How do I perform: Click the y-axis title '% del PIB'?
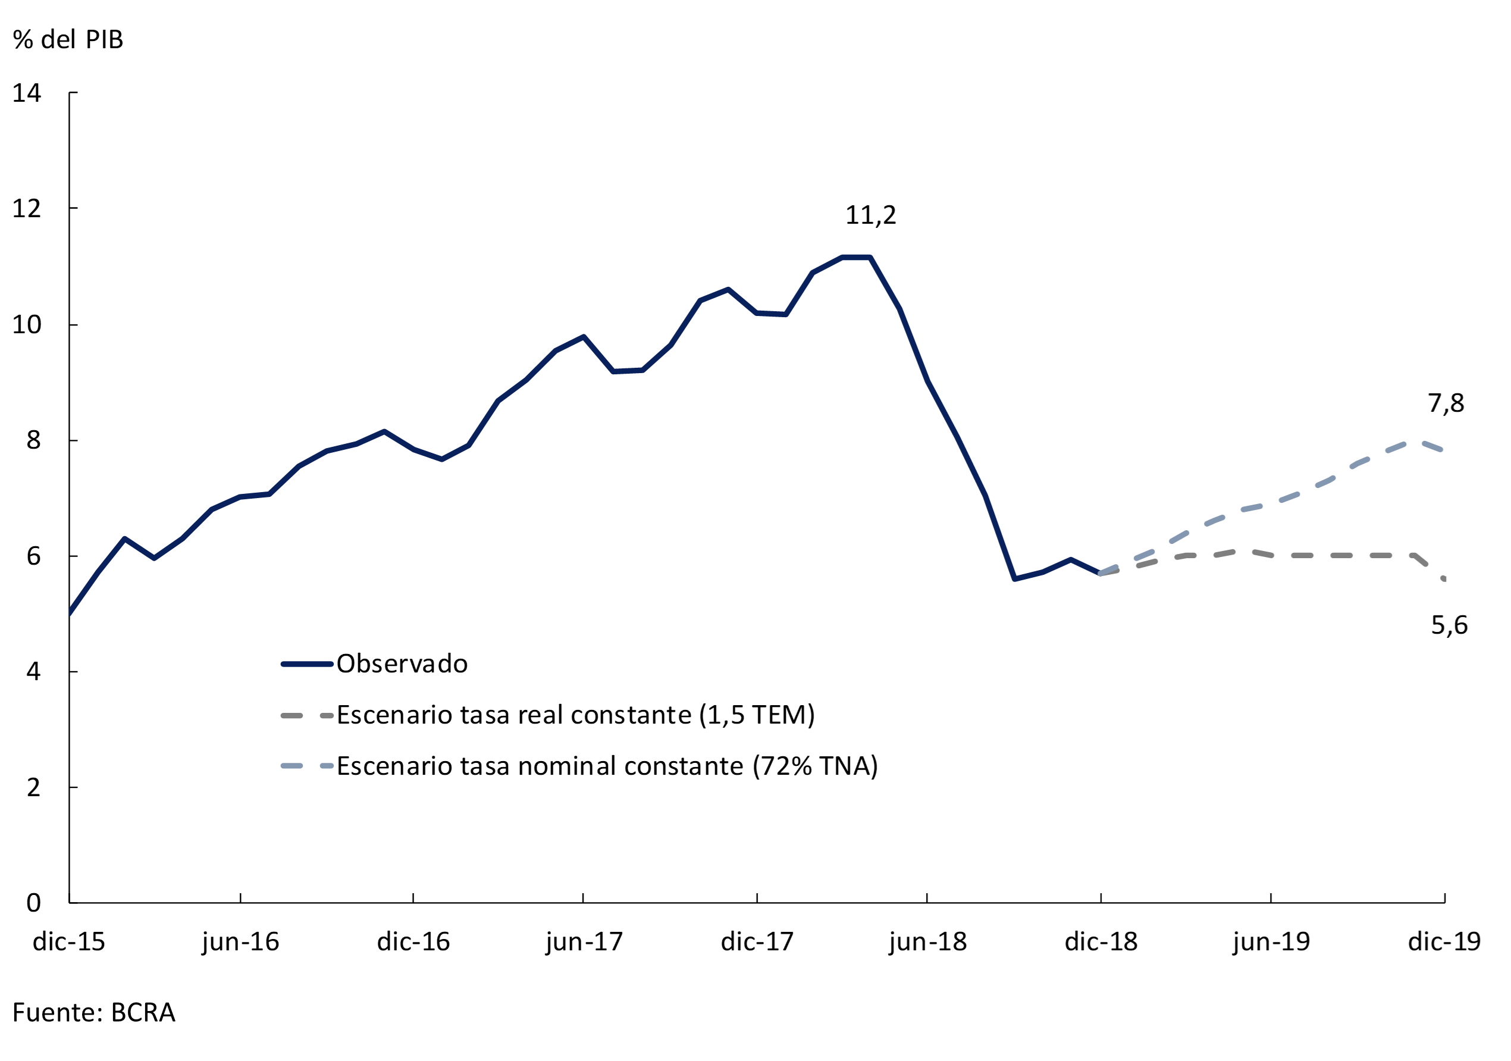(68, 39)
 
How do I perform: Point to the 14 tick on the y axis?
(27, 93)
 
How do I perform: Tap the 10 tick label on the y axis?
(27, 324)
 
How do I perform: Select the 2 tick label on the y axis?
(33, 787)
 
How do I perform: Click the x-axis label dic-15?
(68, 942)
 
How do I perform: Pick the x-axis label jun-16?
(241, 942)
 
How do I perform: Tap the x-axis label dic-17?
(757, 942)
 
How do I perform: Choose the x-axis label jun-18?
(928, 942)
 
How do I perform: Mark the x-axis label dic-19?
(1444, 942)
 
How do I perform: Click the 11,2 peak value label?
(871, 215)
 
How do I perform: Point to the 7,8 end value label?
(1446, 403)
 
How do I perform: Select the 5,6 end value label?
(1449, 625)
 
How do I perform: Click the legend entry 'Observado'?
(402, 664)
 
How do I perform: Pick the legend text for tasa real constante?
(576, 715)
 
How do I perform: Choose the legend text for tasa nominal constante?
(607, 766)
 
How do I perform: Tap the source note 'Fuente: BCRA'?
(94, 1012)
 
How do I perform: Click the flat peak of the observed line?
(856, 257)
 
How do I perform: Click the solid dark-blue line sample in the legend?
(307, 664)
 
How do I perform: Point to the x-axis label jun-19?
(1271, 942)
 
